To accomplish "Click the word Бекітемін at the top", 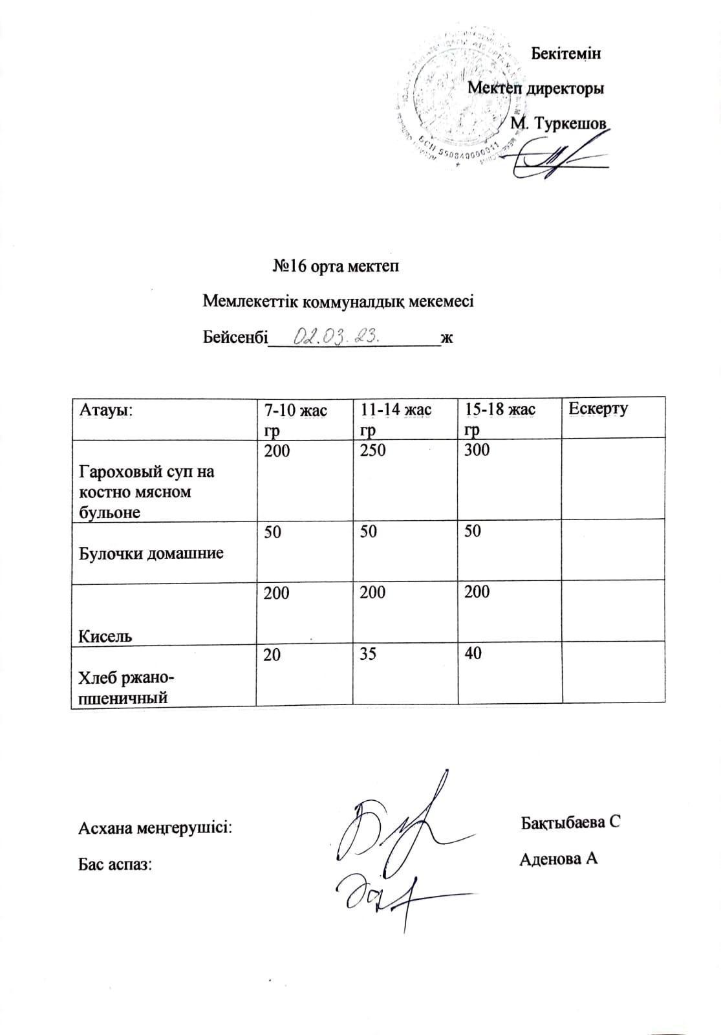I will click(x=565, y=53).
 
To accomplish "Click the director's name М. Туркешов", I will click(x=559, y=123).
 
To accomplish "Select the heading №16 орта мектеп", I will click(x=335, y=266).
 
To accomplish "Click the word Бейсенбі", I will click(x=235, y=337).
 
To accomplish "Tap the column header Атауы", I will click(x=106, y=409).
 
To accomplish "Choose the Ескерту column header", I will click(x=597, y=409).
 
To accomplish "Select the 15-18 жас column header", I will click(x=497, y=410).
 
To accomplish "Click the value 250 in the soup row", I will click(x=373, y=450).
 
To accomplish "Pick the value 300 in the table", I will click(x=477, y=450).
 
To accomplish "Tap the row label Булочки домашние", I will click(x=151, y=553).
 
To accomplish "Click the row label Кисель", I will click(x=105, y=636).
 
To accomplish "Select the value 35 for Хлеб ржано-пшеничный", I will click(x=368, y=654).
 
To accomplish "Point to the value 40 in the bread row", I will click(x=473, y=654).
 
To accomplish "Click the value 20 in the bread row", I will click(x=272, y=655).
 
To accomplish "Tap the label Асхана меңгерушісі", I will click(x=155, y=829).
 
